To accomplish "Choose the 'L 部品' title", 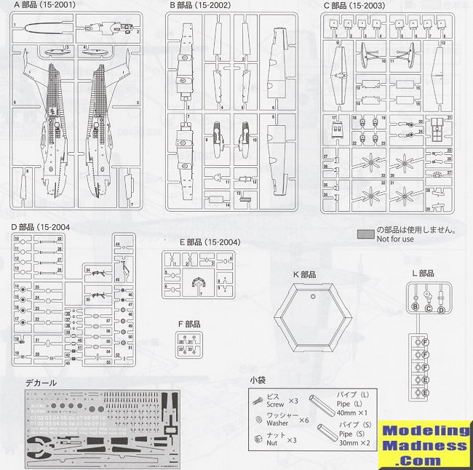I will click(x=422, y=274).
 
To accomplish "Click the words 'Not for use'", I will click(x=395, y=240).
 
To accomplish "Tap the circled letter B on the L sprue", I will click(x=416, y=307).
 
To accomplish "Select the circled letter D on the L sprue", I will click(x=441, y=308).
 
